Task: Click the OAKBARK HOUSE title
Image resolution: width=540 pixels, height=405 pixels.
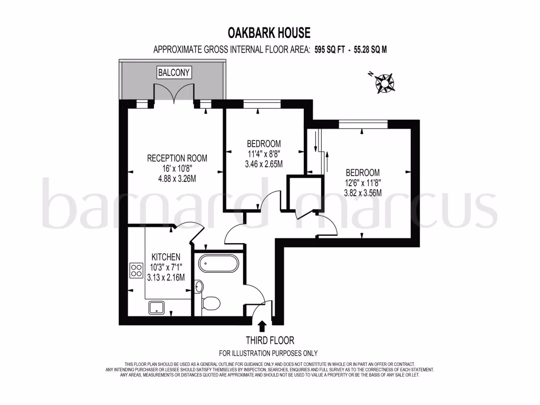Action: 269,33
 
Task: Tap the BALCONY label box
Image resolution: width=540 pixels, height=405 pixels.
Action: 173,72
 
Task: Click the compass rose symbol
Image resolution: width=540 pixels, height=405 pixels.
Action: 385,82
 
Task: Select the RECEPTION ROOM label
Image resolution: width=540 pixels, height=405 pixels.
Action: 177,158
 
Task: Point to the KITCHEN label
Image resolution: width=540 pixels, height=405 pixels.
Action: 166,257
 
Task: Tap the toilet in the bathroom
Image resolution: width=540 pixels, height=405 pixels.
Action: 211,303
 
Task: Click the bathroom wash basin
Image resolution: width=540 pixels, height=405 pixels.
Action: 199,286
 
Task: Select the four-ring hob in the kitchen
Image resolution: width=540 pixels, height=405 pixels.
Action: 136,270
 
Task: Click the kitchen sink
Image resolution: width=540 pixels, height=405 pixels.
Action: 157,307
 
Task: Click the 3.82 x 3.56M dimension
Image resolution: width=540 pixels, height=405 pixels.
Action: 362,193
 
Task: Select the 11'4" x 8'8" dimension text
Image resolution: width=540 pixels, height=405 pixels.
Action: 264,154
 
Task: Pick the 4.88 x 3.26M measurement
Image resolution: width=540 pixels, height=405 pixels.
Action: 177,178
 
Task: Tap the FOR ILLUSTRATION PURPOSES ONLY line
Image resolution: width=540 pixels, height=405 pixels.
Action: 268,353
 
